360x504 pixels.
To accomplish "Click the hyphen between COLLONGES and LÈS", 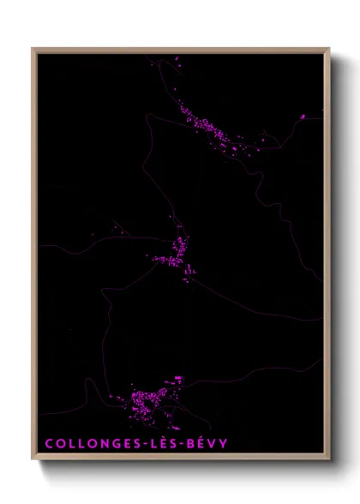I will [130, 444].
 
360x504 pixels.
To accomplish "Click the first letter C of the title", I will [48, 444].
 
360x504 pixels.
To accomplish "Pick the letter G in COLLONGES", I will [105, 444].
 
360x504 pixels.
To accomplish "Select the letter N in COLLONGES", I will [93, 444].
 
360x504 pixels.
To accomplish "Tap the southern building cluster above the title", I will [150, 401].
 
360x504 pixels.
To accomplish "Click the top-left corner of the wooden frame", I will [33, 48].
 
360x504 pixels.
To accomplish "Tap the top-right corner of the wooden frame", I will [329, 48].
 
